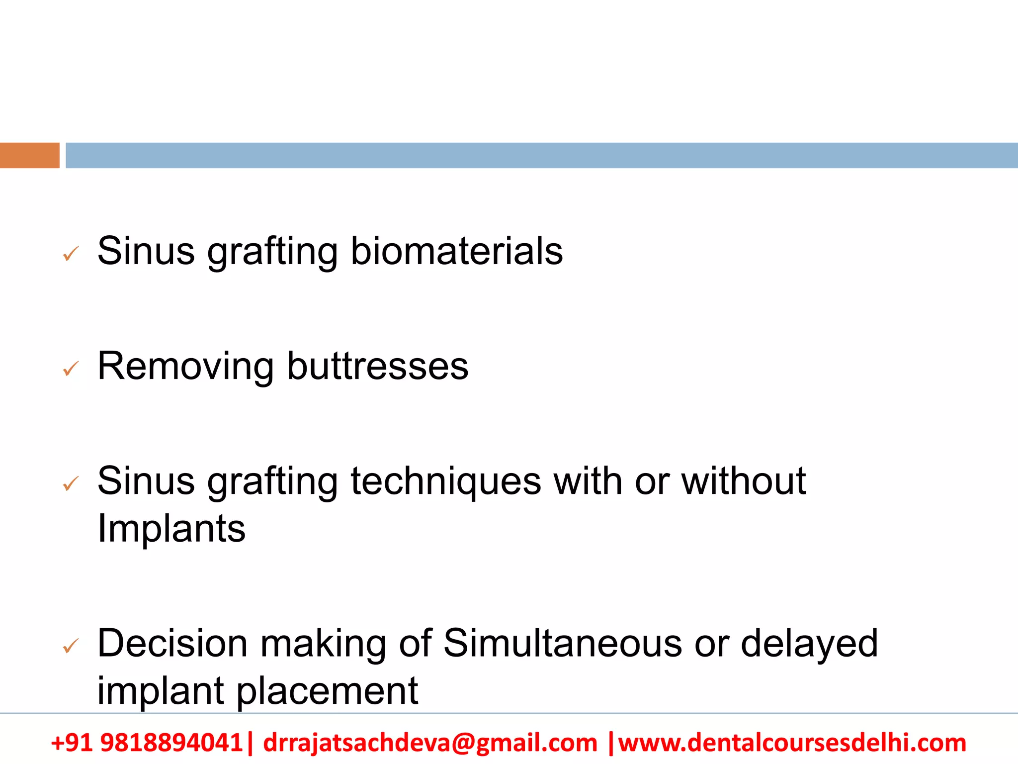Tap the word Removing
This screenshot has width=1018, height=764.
(x=185, y=367)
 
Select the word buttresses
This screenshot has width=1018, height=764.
(x=378, y=367)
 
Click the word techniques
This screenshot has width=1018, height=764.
(x=446, y=481)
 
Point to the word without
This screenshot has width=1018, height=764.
(x=743, y=481)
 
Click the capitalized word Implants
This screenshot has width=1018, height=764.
(x=171, y=528)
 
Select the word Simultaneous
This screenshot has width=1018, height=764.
(x=562, y=644)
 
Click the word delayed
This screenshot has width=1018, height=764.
(x=809, y=644)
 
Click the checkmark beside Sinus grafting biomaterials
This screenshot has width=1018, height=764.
(x=71, y=255)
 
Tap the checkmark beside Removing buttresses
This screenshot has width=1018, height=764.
(x=71, y=369)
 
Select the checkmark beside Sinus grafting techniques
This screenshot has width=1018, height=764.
(x=71, y=483)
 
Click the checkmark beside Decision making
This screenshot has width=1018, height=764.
(x=71, y=646)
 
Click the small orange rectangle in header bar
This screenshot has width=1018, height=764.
(x=30, y=155)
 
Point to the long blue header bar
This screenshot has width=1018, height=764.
(x=542, y=155)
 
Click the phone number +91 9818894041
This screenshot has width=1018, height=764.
(x=147, y=743)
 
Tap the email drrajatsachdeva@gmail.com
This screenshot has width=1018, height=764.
(x=430, y=743)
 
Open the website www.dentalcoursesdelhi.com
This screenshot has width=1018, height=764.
(x=792, y=743)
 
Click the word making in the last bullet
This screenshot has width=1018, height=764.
(x=323, y=644)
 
